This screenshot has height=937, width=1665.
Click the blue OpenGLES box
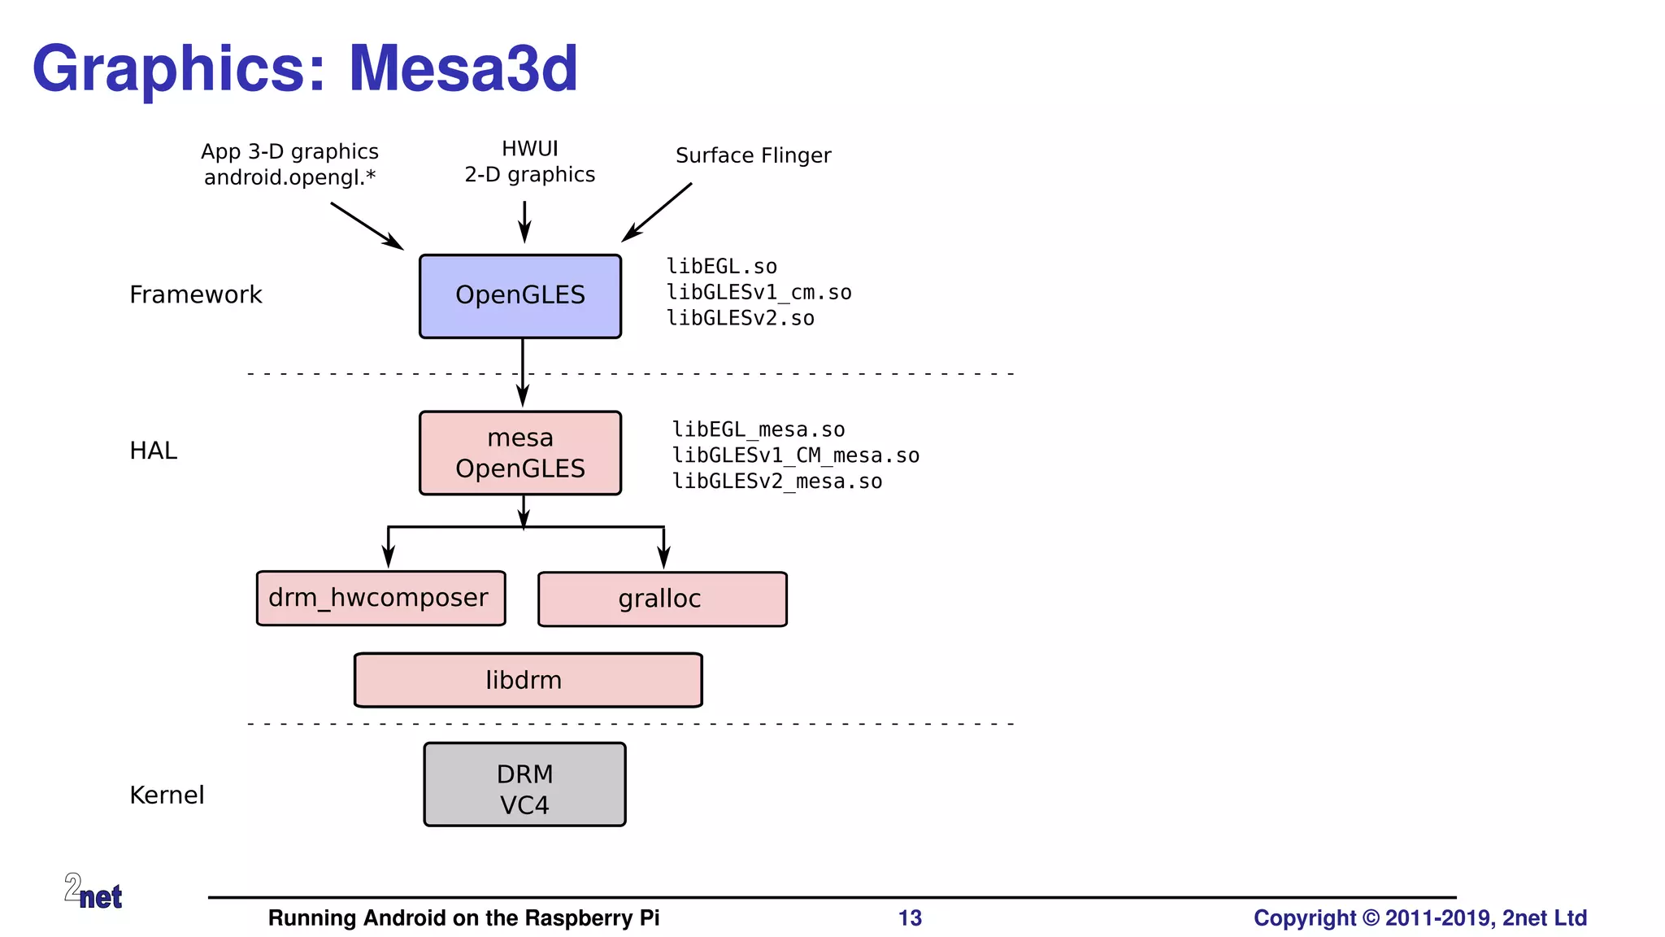[x=520, y=296]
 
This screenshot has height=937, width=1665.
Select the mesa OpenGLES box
[x=520, y=453]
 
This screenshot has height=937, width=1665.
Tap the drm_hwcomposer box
[x=380, y=599]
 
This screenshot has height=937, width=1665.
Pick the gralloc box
[x=662, y=599]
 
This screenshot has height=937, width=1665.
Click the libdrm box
[x=528, y=680]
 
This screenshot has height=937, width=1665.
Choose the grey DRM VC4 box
[x=524, y=785]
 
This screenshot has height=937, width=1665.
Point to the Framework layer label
[x=195, y=294]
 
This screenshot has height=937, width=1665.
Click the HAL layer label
[x=153, y=451]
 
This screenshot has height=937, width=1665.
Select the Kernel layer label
[x=167, y=795]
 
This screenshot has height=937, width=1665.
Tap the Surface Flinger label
[x=753, y=155]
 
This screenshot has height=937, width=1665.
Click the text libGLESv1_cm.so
[x=759, y=293]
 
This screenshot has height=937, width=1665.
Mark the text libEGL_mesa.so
[x=758, y=429]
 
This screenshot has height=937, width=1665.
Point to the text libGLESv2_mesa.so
[x=776, y=482]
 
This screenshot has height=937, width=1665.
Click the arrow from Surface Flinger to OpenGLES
[x=657, y=211]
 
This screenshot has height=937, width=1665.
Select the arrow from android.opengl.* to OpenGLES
[x=367, y=225]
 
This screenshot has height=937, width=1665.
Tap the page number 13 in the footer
[x=910, y=918]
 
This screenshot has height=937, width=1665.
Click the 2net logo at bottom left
[x=93, y=891]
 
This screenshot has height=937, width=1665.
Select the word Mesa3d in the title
[x=463, y=68]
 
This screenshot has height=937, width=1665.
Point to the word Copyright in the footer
[x=1304, y=918]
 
